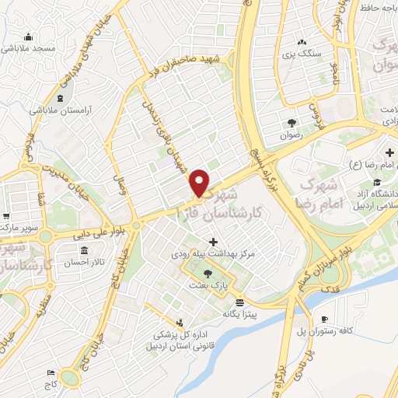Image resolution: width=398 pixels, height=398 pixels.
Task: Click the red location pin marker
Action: click(x=201, y=182)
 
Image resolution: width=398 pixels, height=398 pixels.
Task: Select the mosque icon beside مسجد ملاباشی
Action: click(x=30, y=37)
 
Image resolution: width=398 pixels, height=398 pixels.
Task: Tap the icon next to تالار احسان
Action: click(x=97, y=251)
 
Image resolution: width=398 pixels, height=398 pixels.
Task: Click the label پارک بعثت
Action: click(x=206, y=285)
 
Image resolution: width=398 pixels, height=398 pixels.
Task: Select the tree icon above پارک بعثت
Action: click(x=208, y=274)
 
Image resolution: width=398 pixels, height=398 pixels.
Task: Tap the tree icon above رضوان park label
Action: click(x=292, y=122)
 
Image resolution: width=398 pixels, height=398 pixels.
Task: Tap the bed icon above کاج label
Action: click(x=51, y=373)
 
